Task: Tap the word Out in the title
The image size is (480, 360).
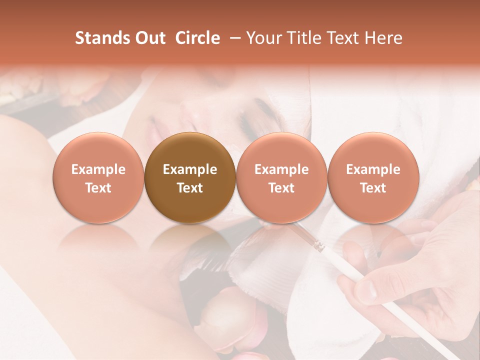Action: click(x=149, y=38)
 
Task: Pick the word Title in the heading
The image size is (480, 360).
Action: click(x=303, y=38)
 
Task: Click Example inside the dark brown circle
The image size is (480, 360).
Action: click(x=190, y=169)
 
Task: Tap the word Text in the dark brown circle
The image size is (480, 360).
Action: click(x=190, y=188)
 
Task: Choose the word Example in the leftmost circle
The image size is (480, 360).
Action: click(x=98, y=169)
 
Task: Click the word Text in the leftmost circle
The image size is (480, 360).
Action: click(x=98, y=188)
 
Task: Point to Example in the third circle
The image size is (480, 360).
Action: click(x=281, y=169)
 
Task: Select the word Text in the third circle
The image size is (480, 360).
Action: click(x=281, y=188)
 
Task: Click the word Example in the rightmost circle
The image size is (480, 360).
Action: click(x=373, y=169)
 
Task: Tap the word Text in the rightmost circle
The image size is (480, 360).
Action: click(x=373, y=188)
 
